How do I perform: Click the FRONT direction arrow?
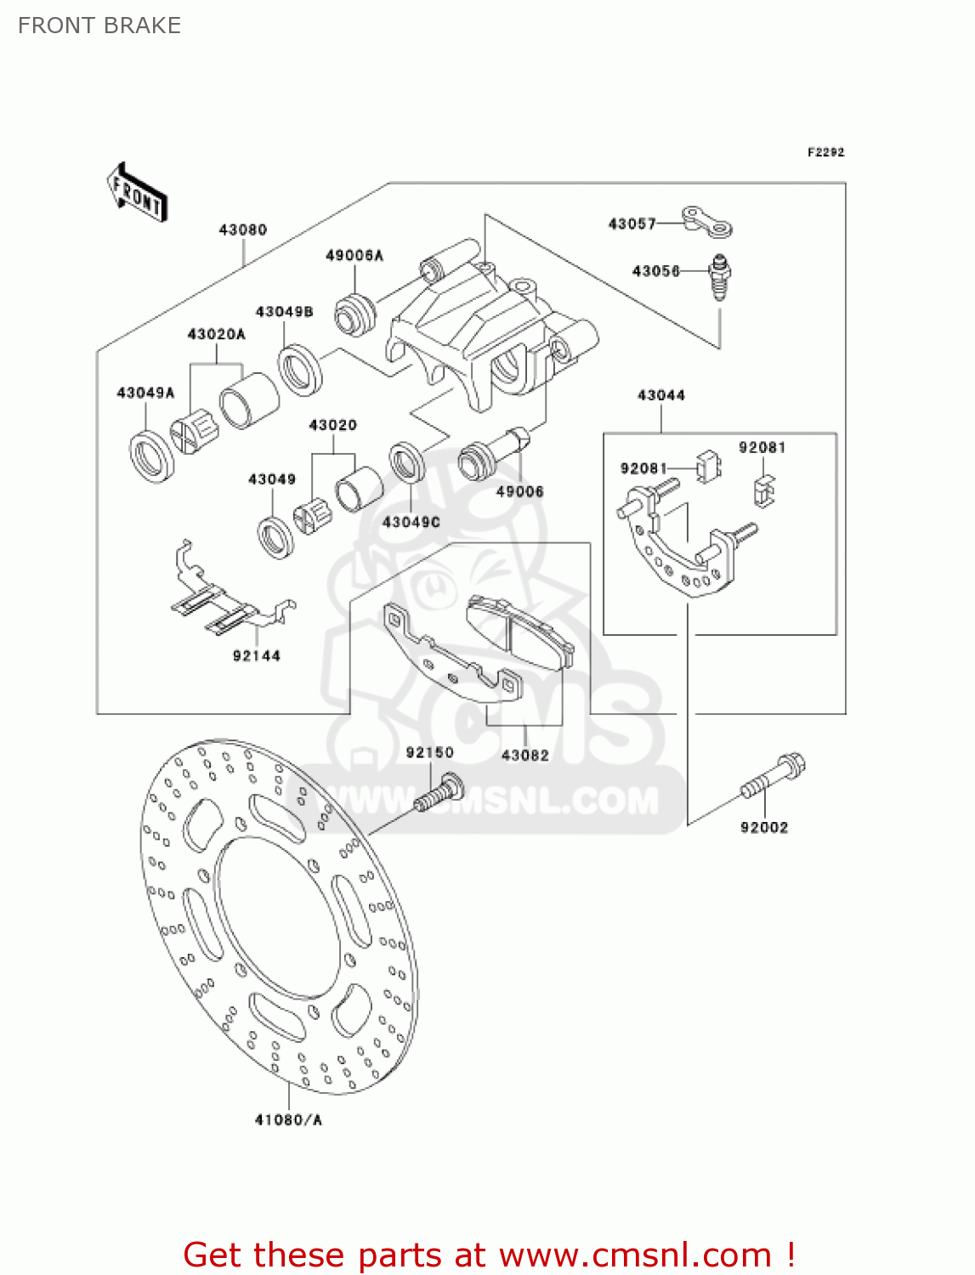tap(136, 193)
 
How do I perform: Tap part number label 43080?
tap(242, 229)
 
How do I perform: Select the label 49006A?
tap(354, 255)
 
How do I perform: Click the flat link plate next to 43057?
tap(707, 220)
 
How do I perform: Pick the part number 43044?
tap(660, 395)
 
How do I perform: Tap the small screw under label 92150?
tap(439, 794)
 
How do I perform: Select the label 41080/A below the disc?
tap(288, 1119)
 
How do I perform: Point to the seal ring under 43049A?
tap(152, 456)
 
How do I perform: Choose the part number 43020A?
tap(216, 334)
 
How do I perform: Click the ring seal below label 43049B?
tap(300, 369)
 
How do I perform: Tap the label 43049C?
tap(411, 522)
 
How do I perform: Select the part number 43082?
tap(524, 755)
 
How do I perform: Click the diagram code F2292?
tap(825, 152)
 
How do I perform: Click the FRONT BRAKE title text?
tap(99, 25)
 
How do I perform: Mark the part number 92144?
tap(256, 655)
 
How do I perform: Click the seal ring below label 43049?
tap(275, 536)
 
